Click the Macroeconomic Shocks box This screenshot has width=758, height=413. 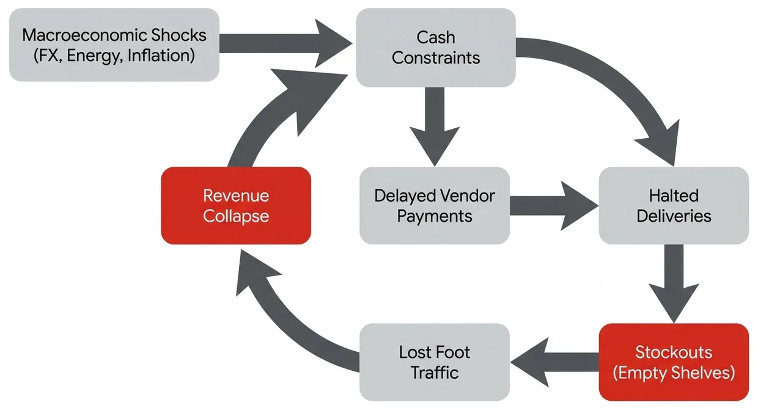click(114, 45)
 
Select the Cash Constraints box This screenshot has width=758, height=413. click(436, 48)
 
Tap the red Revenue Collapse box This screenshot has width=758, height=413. click(236, 206)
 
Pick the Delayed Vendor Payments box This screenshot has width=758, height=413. click(435, 206)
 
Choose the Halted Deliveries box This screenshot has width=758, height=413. click(674, 206)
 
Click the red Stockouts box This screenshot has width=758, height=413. click(674, 362)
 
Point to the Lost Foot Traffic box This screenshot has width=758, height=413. click(435, 362)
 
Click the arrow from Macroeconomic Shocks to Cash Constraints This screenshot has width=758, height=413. click(286, 43)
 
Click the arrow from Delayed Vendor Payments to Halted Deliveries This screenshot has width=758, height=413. click(554, 206)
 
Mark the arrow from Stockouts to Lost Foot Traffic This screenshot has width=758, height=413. click(554, 362)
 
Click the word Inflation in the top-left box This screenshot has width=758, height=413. click(161, 56)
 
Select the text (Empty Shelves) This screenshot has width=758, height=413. click(674, 373)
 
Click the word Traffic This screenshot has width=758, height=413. click(435, 373)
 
